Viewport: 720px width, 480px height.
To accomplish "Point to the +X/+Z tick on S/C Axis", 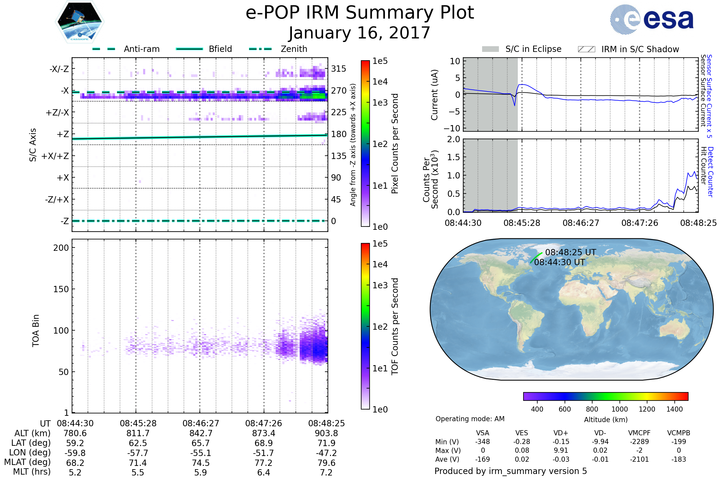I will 55,156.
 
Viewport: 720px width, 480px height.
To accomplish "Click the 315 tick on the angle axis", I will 339,69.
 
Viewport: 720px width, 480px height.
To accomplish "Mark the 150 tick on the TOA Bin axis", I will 61,289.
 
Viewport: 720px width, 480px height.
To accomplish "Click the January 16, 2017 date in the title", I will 360,33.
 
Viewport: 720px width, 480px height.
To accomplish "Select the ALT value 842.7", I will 200,433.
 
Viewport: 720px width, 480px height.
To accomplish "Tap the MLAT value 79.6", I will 326,463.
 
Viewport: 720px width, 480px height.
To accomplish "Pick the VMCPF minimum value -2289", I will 639,442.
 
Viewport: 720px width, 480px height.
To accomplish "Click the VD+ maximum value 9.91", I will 561,450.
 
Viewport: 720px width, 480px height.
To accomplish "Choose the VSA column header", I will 482,433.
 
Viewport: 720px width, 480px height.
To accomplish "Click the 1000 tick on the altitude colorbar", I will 619,409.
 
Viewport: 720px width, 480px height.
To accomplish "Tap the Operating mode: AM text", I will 470,419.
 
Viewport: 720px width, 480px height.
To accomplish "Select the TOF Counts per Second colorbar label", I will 395,326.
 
